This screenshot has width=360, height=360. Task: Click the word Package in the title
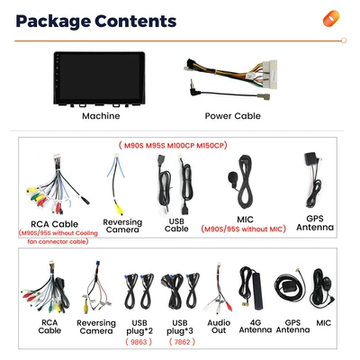[54, 22]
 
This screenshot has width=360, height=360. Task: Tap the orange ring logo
[331, 19]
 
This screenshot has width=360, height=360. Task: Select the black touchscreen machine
[99, 79]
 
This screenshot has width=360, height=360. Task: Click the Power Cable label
[232, 116]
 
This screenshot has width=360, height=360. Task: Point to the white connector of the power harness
[269, 74]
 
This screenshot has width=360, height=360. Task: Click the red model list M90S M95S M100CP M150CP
[173, 146]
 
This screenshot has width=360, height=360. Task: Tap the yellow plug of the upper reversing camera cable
[120, 209]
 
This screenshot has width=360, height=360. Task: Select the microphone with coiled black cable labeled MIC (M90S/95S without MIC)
[241, 183]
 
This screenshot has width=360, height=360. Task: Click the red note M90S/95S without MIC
[243, 229]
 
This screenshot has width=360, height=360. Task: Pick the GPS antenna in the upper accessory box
[313, 178]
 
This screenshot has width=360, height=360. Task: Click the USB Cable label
[176, 225]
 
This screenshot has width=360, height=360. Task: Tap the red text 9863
[139, 342]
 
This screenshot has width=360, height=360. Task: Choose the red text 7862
[182, 342]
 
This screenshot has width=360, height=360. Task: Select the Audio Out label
[219, 327]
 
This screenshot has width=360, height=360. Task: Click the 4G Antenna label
[256, 326]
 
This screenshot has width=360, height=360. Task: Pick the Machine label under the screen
[101, 116]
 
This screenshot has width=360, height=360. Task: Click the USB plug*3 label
[180, 327]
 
